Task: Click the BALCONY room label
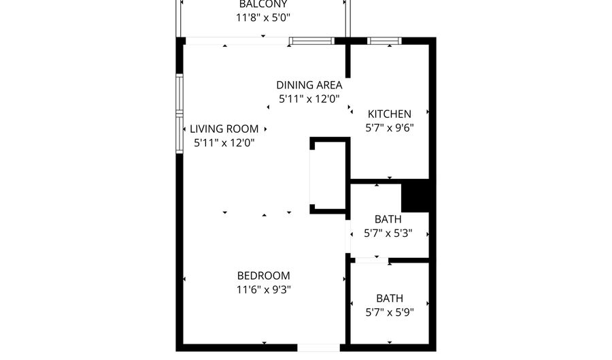258,4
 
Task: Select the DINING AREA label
309,85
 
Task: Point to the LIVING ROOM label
224,129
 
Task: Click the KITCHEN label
389,114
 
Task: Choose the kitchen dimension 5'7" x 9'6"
389,127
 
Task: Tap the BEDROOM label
263,276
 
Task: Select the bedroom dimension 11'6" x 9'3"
263,289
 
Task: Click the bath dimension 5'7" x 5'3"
389,233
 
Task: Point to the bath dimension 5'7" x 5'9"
389,312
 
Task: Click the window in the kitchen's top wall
384,41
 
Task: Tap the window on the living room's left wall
180,113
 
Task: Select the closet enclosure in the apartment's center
329,176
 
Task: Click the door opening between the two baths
371,260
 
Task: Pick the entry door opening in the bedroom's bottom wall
318,348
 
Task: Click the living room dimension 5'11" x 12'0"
224,143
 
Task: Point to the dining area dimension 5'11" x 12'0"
309,99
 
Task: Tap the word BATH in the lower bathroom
389,298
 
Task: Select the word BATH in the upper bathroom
388,219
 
